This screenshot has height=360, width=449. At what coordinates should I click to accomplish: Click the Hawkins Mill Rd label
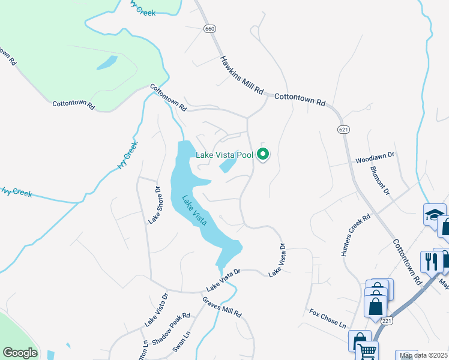point(242,76)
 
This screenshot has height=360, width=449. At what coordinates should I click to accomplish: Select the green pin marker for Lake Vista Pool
point(263,155)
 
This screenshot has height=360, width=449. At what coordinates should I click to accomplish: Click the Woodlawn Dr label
point(374,158)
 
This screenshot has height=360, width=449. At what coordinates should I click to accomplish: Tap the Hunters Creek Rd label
point(357,237)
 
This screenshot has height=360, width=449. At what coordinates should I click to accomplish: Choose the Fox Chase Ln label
point(328,319)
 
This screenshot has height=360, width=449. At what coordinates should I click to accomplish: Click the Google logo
point(20,353)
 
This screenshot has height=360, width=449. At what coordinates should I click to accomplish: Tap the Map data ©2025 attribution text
point(424,355)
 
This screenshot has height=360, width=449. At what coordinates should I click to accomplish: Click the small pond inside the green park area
point(107,62)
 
